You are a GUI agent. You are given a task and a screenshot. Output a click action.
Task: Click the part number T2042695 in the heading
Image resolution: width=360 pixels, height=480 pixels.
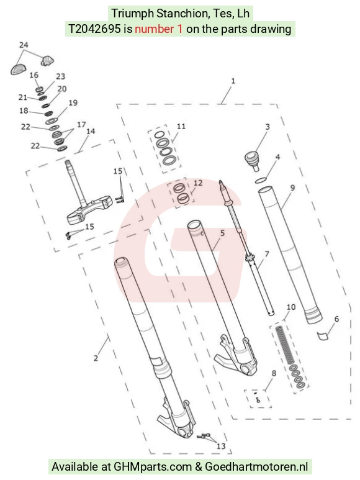click(x=94, y=29)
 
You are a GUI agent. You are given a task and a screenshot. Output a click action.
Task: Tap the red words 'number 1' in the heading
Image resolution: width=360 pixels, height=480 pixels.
click(x=159, y=29)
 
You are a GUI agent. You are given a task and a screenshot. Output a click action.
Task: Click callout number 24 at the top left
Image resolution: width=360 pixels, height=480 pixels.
click(x=24, y=45)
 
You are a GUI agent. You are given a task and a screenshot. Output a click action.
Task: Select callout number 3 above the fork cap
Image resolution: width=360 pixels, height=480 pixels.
click(x=268, y=127)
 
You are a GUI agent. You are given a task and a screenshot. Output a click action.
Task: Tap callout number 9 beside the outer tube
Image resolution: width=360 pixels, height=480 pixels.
click(x=292, y=188)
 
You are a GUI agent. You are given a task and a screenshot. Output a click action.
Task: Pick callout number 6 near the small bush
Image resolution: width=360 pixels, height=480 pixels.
click(x=336, y=319)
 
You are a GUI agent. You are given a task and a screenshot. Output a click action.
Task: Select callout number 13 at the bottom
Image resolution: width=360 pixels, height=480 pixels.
click(x=221, y=446)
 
